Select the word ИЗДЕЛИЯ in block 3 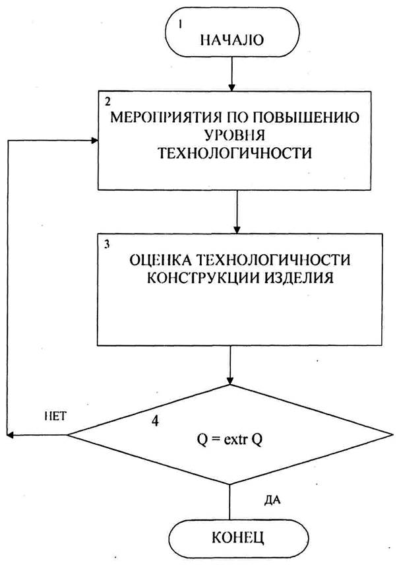click(x=298, y=277)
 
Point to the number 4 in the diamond click(x=156, y=420)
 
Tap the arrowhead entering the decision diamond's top click(x=229, y=381)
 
